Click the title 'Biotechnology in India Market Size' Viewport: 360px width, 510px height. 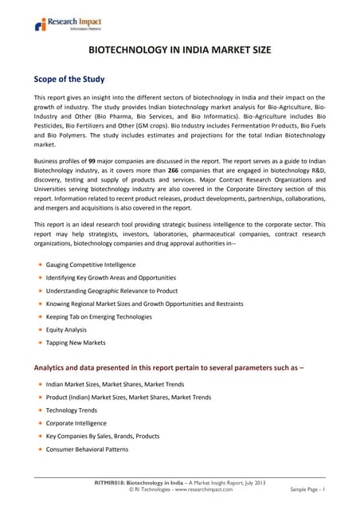pos(180,50)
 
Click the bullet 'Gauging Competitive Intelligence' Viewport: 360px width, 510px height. pos(90,265)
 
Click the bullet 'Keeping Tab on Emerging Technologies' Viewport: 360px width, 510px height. pos(99,316)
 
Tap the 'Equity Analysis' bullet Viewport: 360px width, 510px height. pos(65,329)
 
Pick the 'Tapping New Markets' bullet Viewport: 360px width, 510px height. pos(75,342)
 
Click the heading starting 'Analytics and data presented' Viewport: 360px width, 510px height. pos(168,367)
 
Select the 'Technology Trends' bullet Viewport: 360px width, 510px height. pos(76,410)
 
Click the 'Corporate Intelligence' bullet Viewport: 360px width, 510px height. pos(76,423)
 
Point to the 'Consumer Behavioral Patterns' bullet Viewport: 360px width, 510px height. pos(87,449)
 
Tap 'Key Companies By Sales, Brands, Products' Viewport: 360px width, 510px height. pos(102,436)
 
